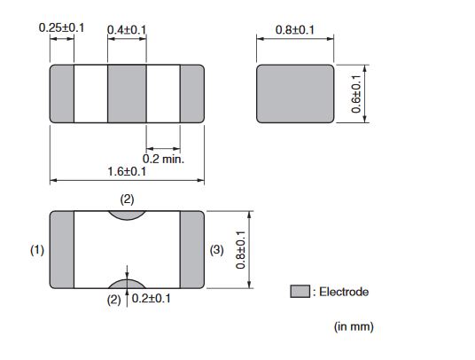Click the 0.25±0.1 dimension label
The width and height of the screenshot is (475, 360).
coord(61,27)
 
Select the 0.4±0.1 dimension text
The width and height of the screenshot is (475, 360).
coord(127,30)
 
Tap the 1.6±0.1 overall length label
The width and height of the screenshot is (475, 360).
coord(127,171)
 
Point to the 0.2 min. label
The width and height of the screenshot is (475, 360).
coord(163,159)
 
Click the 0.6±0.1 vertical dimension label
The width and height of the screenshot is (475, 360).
coord(356,94)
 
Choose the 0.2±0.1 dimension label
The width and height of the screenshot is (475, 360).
coord(152,299)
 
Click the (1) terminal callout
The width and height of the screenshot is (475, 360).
coord(37,250)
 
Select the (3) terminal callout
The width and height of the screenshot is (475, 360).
coord(216,250)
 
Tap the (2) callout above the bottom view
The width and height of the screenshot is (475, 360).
coord(127,200)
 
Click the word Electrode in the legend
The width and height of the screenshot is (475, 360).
coord(344,292)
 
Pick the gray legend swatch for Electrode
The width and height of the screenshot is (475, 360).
coord(300,291)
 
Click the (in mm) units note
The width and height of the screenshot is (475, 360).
coord(354,326)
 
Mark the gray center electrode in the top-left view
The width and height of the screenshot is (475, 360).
coord(127,94)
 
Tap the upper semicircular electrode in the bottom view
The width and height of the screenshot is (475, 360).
coord(128,215)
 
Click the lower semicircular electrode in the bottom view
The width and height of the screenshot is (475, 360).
coord(128,285)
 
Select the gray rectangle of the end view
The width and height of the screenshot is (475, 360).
coord(295,94)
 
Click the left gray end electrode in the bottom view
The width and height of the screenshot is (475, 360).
coord(62,250)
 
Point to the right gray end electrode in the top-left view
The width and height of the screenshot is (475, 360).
coord(192,94)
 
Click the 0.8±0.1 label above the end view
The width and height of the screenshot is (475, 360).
coord(295,30)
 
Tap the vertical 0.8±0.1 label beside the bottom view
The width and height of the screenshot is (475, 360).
coord(240,250)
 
